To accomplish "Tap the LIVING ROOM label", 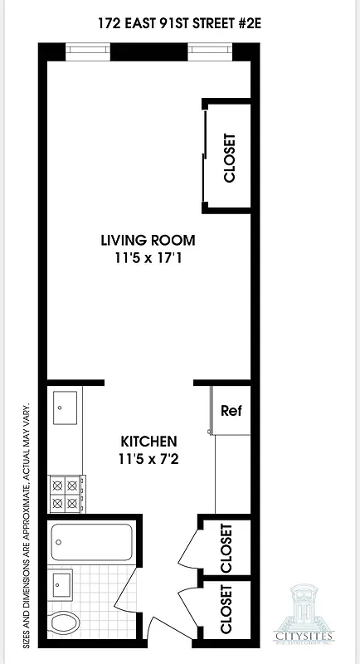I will pyautogui.click(x=148, y=241).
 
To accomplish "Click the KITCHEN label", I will pyautogui.click(x=148, y=440).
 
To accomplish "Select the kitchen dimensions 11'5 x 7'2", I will pyautogui.click(x=148, y=457).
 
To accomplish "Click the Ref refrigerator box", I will pyautogui.click(x=230, y=411).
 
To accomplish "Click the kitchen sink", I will pyautogui.click(x=65, y=406).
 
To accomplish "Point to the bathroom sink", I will pyautogui.click(x=61, y=584).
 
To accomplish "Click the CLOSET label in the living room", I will pyautogui.click(x=230, y=158).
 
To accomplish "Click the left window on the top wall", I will pyautogui.click(x=86, y=51).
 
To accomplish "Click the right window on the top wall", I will pyautogui.click(x=209, y=51).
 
